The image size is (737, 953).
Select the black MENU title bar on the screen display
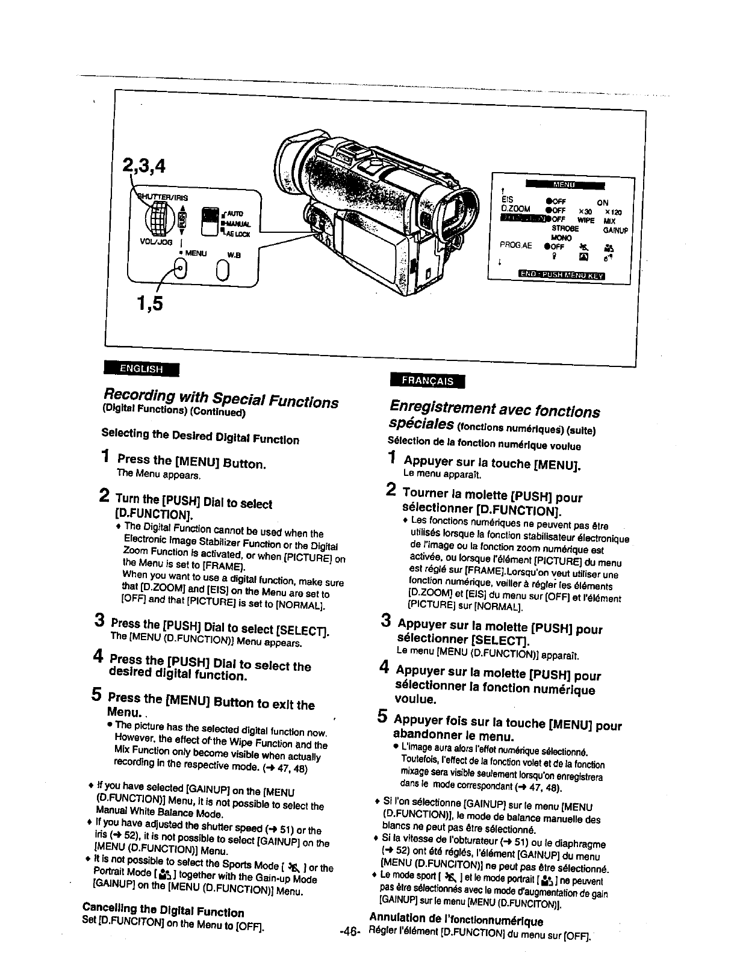click(x=564, y=184)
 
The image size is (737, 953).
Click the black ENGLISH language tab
click(x=141, y=369)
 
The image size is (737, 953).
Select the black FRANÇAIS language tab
click(x=428, y=380)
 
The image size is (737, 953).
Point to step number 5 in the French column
click(x=382, y=717)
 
